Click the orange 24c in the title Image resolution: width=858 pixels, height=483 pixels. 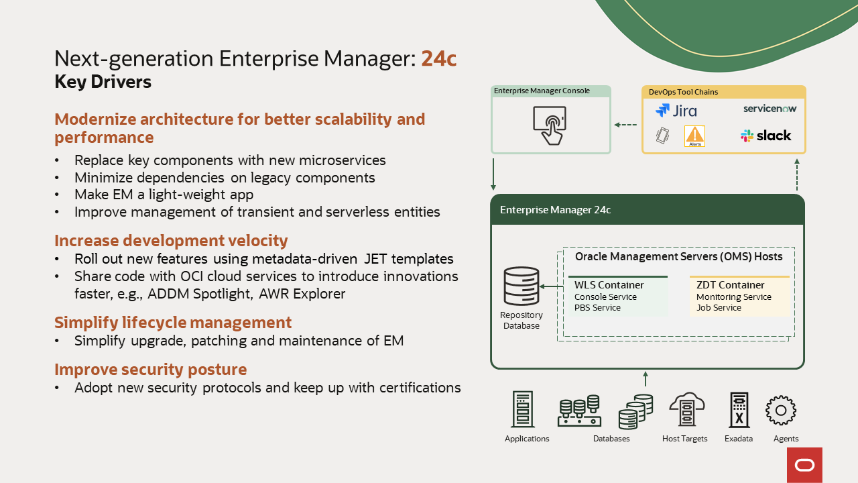439,58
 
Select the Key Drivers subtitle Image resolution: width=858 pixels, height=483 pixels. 103,82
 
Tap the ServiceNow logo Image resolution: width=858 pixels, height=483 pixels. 770,109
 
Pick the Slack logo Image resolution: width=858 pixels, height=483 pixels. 765,136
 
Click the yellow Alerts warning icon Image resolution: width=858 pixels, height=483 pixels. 694,136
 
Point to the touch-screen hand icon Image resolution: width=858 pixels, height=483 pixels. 550,125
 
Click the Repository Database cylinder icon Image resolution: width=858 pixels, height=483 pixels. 522,286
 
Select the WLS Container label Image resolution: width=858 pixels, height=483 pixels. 609,285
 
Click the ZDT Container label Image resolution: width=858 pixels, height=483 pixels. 731,285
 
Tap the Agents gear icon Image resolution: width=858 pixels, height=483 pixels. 781,411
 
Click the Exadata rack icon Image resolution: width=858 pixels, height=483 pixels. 739,409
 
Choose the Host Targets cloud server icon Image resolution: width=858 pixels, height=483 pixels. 687,409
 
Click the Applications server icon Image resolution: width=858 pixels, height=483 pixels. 522,409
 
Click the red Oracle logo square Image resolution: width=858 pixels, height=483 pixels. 805,465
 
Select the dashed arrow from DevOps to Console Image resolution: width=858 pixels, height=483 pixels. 625,125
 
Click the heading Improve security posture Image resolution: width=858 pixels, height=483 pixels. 151,370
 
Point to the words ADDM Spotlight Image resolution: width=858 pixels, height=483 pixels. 199,294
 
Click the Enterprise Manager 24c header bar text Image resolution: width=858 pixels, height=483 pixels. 555,210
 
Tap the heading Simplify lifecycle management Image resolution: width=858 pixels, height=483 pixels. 173,323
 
